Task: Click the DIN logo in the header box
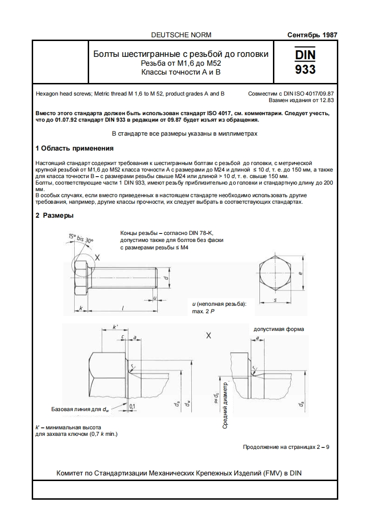coord(305,54)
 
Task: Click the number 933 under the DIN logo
coord(305,69)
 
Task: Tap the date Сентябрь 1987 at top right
coord(312,35)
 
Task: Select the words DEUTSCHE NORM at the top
coord(182,35)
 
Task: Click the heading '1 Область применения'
coord(75,149)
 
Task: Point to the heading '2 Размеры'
coord(55,215)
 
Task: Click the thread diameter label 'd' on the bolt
coord(167,277)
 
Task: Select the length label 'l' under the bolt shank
coord(122,308)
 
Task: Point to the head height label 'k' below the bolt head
coord(81,308)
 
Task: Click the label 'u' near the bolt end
coord(154,297)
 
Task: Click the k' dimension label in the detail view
coord(115,329)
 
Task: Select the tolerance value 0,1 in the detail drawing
coord(132,406)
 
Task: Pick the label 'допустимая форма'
coord(279,329)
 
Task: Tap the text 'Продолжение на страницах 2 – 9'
coord(286,447)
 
